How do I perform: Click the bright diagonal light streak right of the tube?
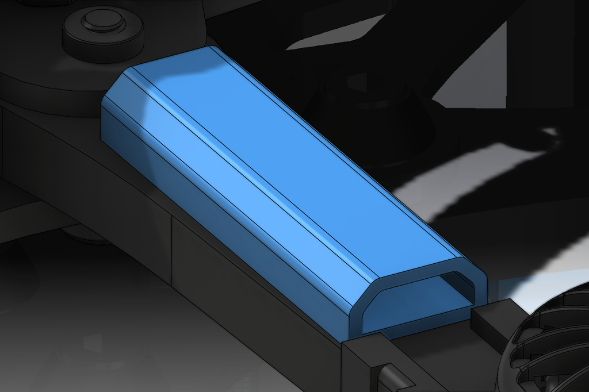coord(477,172)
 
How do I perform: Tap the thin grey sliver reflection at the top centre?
coord(339,34)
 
